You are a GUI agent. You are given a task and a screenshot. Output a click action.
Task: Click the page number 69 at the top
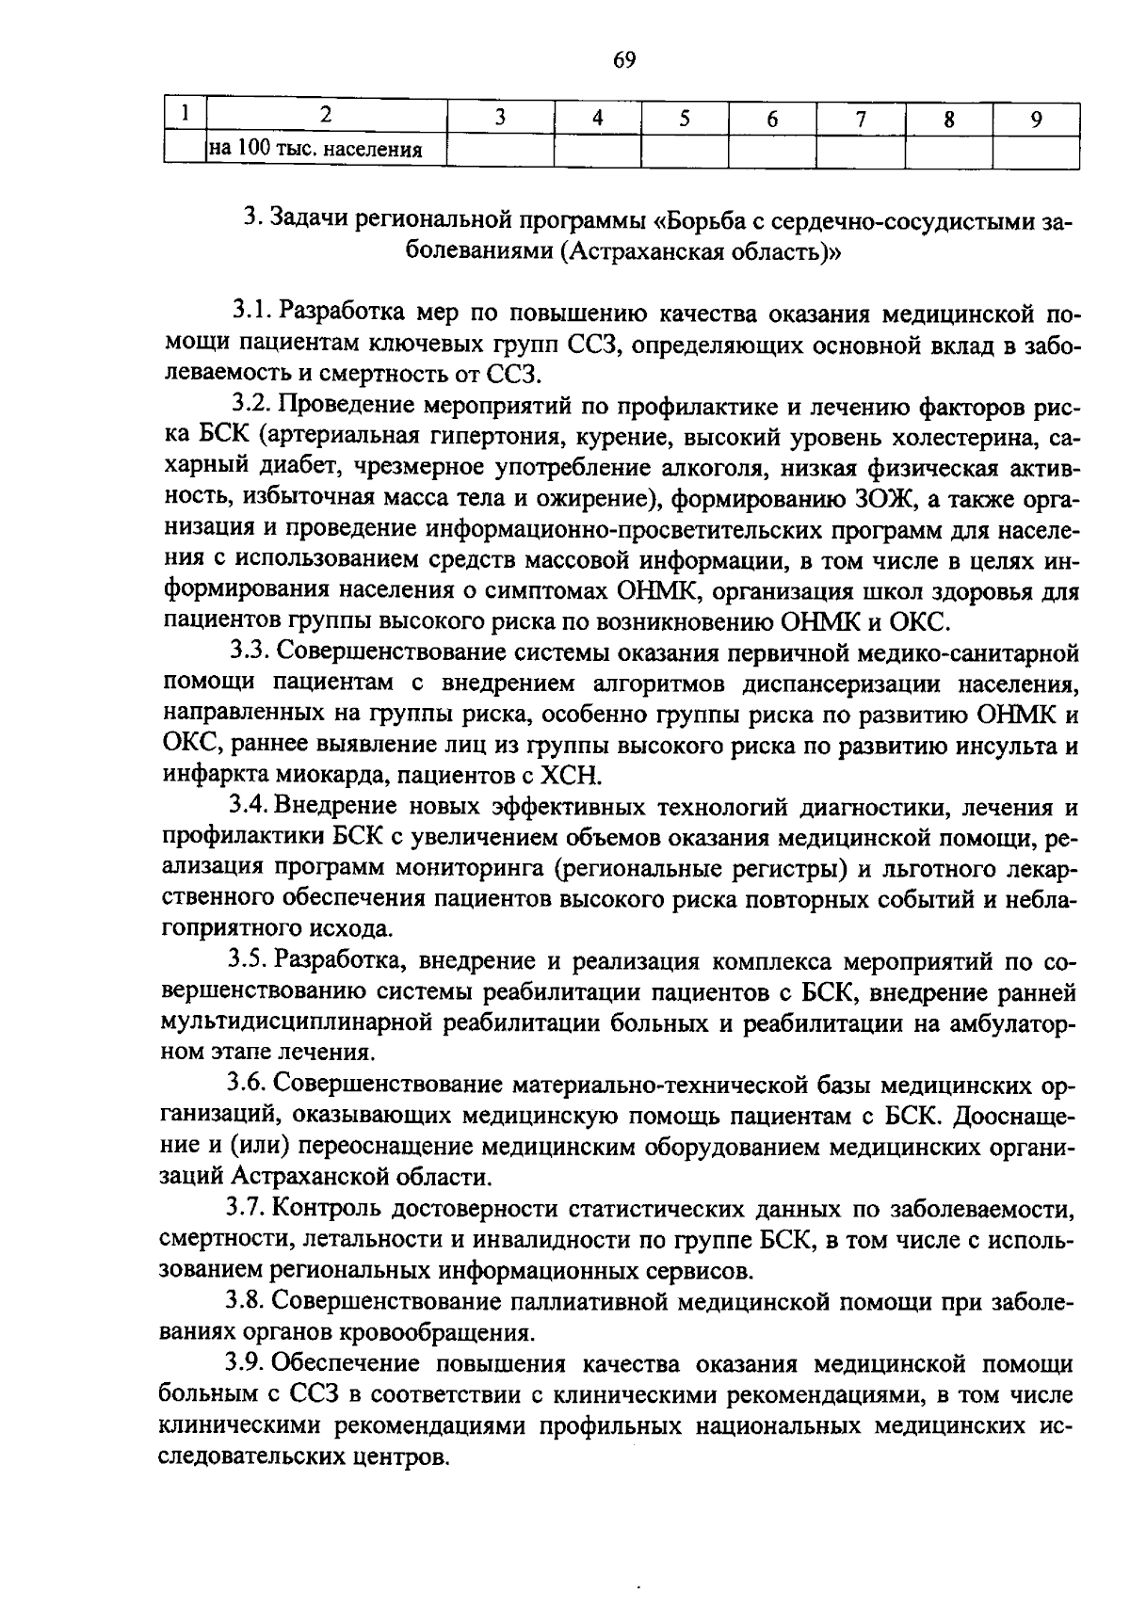click(624, 61)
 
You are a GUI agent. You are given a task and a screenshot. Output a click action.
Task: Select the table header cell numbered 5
click(685, 118)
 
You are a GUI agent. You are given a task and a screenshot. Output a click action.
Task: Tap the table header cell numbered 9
click(1036, 118)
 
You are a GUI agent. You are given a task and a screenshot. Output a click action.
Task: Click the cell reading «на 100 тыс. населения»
click(315, 149)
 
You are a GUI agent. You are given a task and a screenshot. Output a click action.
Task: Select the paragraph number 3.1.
click(251, 311)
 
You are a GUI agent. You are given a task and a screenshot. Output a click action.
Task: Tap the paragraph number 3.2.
click(251, 406)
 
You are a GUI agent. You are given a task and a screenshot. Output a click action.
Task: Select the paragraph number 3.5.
click(251, 961)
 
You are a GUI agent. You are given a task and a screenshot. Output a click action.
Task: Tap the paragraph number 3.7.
click(251, 1209)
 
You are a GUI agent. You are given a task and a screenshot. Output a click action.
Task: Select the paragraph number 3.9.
click(251, 1364)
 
